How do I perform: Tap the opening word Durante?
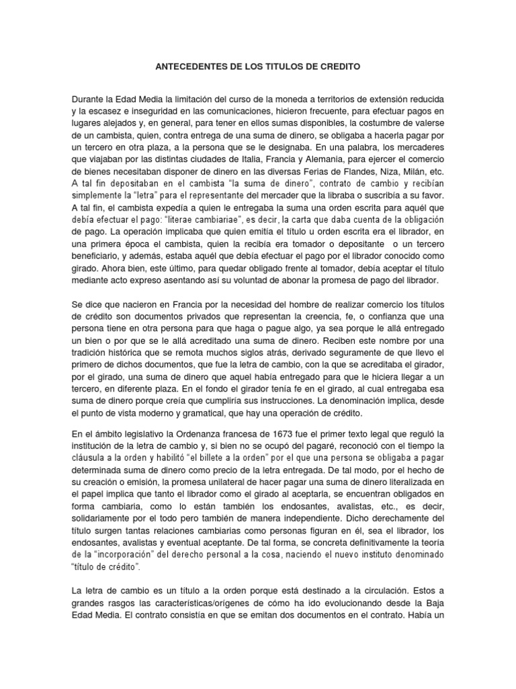(x=87, y=98)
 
